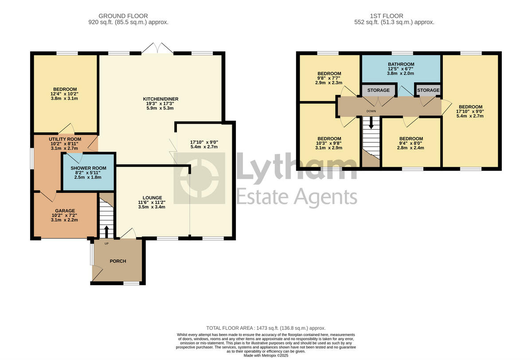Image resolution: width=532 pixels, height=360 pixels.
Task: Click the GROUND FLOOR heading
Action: click(x=123, y=16)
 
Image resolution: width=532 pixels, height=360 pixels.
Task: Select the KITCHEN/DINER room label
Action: click(x=158, y=98)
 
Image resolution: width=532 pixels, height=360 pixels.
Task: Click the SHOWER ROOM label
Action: click(x=88, y=168)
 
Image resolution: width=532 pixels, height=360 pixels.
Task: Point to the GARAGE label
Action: click(x=65, y=211)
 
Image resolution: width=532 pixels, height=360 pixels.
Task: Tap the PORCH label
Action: click(x=118, y=261)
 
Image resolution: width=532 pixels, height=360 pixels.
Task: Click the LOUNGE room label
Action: click(x=152, y=198)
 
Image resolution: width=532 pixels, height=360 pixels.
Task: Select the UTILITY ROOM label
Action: click(x=65, y=139)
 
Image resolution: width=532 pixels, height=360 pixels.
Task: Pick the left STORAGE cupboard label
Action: click(x=378, y=90)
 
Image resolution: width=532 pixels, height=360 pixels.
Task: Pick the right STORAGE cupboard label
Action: click(x=428, y=90)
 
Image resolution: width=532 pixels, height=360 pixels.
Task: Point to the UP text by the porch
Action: click(x=106, y=243)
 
